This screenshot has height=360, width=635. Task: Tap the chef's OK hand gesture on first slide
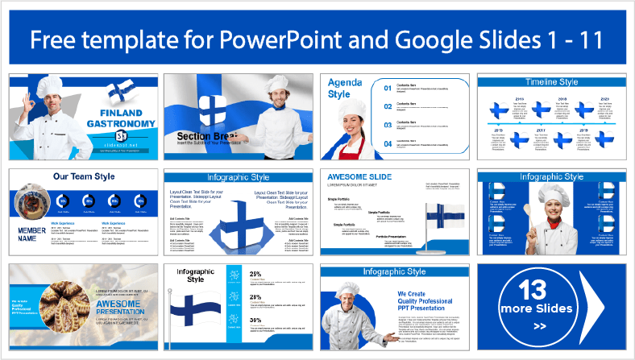pos(29,106)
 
